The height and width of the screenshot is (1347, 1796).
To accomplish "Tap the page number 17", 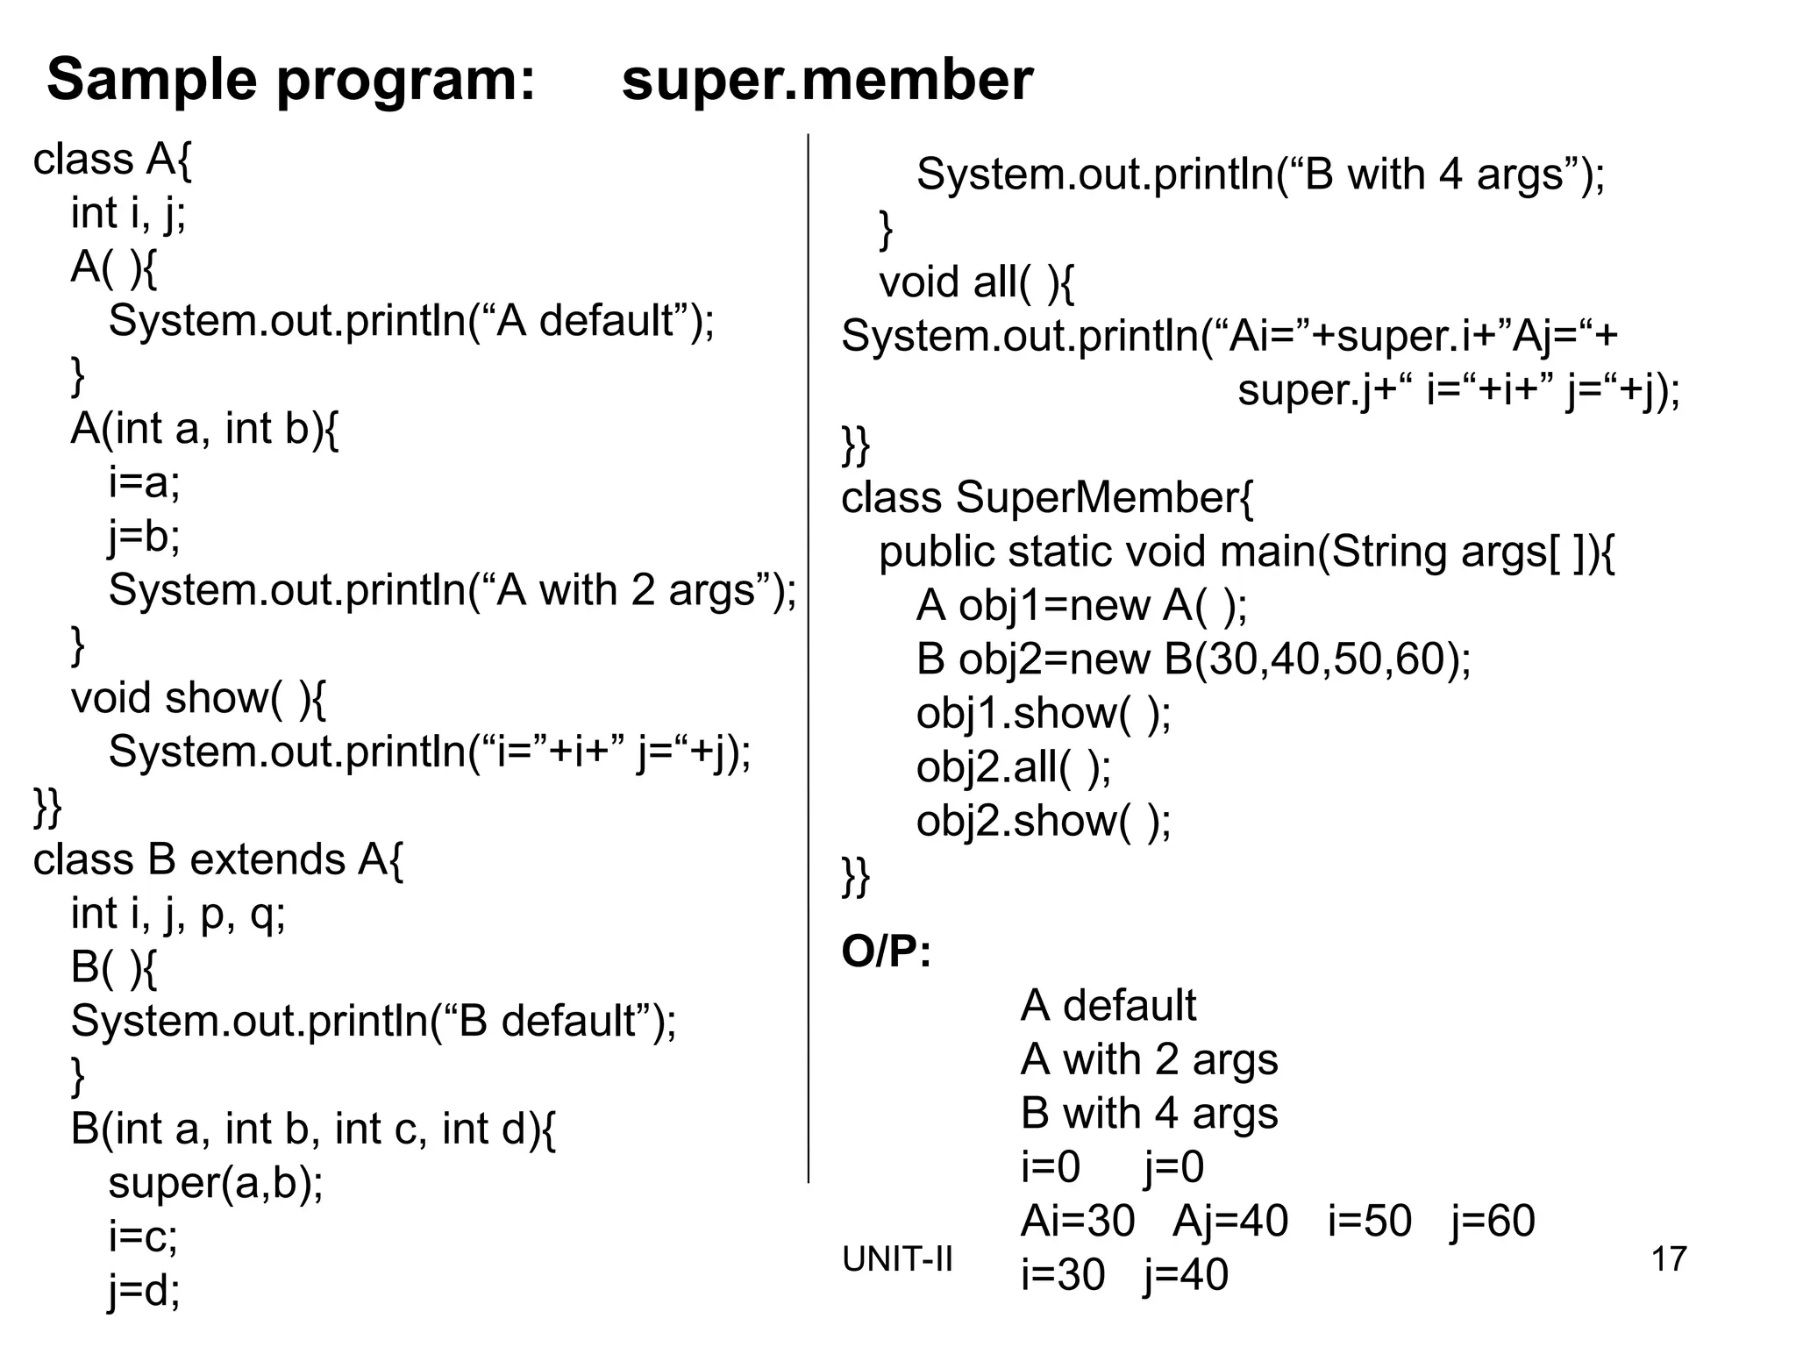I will coord(1668,1259).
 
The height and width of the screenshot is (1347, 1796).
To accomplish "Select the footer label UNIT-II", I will coord(896,1259).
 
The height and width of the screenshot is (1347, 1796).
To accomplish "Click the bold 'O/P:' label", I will coord(886,951).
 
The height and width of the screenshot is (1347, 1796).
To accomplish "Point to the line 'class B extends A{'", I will coord(218,860).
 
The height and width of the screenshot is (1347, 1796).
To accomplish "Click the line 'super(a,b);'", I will coord(216,1183).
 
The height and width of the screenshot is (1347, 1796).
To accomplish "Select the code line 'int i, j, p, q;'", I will coord(178,915).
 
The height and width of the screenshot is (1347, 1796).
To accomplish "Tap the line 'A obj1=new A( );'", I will coord(1081,606).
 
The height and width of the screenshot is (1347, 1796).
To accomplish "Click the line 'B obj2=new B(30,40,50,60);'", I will coord(1194,659).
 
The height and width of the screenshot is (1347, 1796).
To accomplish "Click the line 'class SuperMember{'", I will coord(1047,498).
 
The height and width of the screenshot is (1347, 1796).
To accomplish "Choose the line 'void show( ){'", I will coord(198,699).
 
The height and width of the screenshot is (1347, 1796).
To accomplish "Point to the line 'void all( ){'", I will coord(976,283).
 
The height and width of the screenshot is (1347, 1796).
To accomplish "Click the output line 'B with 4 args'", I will coord(1149,1114).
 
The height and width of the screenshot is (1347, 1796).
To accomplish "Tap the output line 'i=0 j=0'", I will coord(1112,1167).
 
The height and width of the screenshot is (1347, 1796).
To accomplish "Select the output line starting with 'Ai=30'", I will coord(1277,1222).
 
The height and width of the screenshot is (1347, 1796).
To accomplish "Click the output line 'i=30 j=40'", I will coord(1124,1275).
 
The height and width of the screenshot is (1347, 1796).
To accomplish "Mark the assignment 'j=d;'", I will coord(145,1290).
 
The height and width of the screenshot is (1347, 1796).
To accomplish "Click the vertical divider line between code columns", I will coord(808,658).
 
